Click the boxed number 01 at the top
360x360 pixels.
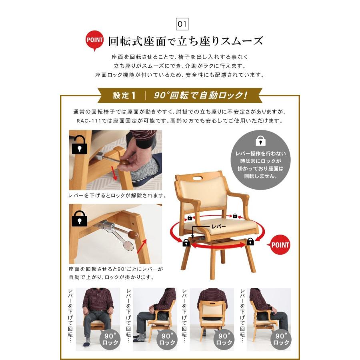[182, 24]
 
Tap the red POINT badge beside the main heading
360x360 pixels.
[95, 40]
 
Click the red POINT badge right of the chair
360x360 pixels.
[280, 245]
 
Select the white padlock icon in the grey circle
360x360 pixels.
[261, 141]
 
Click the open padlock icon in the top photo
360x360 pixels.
[79, 145]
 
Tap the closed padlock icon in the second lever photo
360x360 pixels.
[79, 218]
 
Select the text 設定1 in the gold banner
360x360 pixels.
[124, 96]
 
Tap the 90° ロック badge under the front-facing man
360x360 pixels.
[110, 340]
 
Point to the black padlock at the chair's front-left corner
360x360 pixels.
[186, 243]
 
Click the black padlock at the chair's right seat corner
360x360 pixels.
[250, 242]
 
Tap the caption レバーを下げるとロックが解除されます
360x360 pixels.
[118, 196]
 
